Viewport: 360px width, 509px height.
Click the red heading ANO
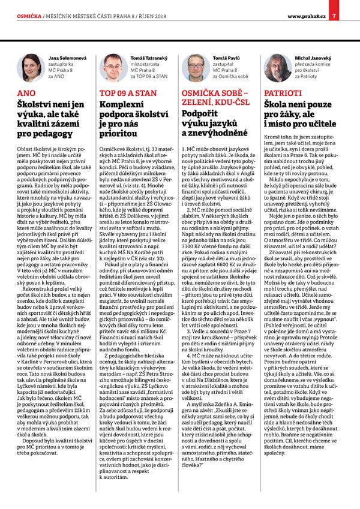pos(26,94)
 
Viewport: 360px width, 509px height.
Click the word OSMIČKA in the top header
pos(28,16)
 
